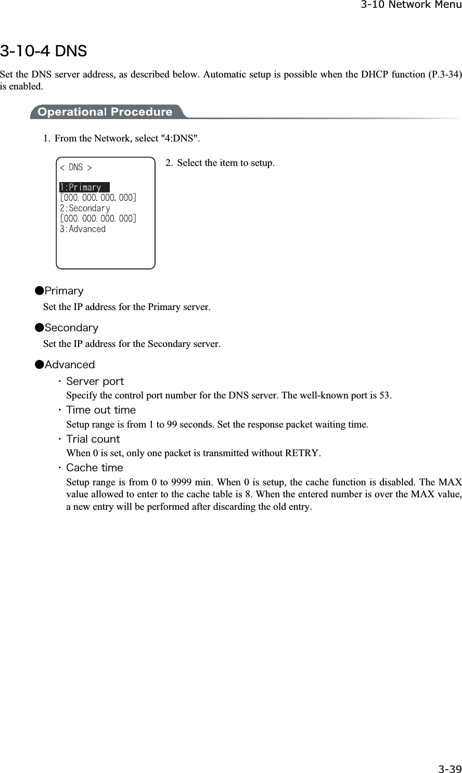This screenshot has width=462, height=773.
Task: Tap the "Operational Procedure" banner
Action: tap(105, 112)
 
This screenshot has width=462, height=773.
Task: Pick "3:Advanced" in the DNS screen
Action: tap(83, 229)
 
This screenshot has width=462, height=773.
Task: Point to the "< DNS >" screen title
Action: tap(76, 168)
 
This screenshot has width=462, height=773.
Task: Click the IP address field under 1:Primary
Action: tap(98, 198)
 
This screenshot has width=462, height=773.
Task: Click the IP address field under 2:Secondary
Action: tap(98, 218)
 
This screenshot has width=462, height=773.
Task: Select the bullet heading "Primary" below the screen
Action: tap(63, 291)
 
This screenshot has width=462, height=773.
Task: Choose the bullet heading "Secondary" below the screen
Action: tap(71, 328)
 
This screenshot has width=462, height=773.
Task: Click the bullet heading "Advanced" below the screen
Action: tap(69, 365)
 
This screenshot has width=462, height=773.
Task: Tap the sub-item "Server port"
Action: tap(95, 382)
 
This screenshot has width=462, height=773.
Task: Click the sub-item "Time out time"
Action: tap(100, 410)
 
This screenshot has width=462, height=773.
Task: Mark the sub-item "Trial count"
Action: tap(93, 439)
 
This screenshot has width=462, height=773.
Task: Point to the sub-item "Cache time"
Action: tap(94, 468)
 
